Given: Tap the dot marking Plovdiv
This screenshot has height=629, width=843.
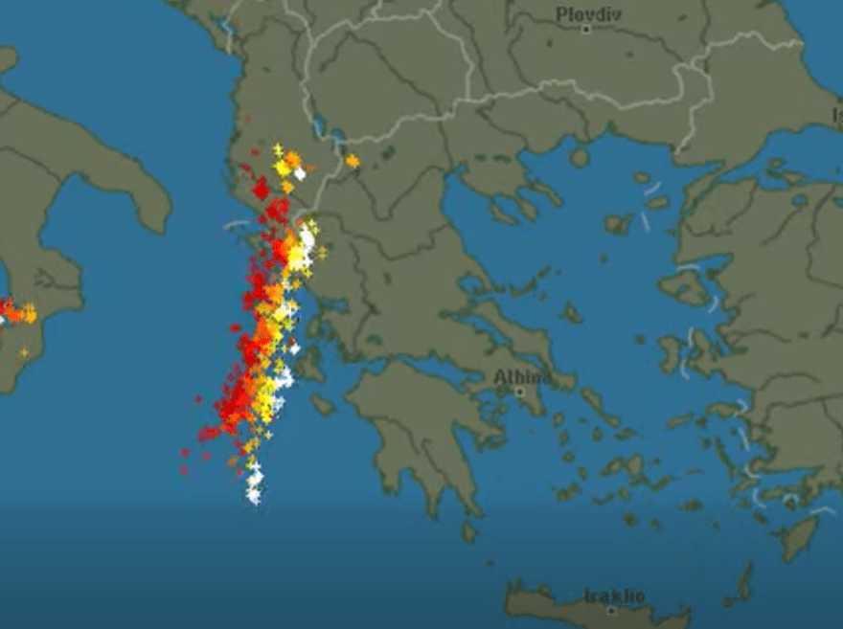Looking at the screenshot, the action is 586,29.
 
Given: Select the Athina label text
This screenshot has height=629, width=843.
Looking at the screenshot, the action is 522,377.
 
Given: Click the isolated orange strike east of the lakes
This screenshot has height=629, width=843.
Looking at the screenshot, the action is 353,161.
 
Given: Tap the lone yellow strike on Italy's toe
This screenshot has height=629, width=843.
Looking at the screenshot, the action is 24,352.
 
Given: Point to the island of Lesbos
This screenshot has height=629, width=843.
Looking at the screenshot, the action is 685,285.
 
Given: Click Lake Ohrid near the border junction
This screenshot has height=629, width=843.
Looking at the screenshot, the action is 317,125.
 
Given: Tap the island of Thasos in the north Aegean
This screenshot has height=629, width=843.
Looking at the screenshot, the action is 579,156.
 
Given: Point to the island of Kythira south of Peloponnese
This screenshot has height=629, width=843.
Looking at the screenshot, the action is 468,530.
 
